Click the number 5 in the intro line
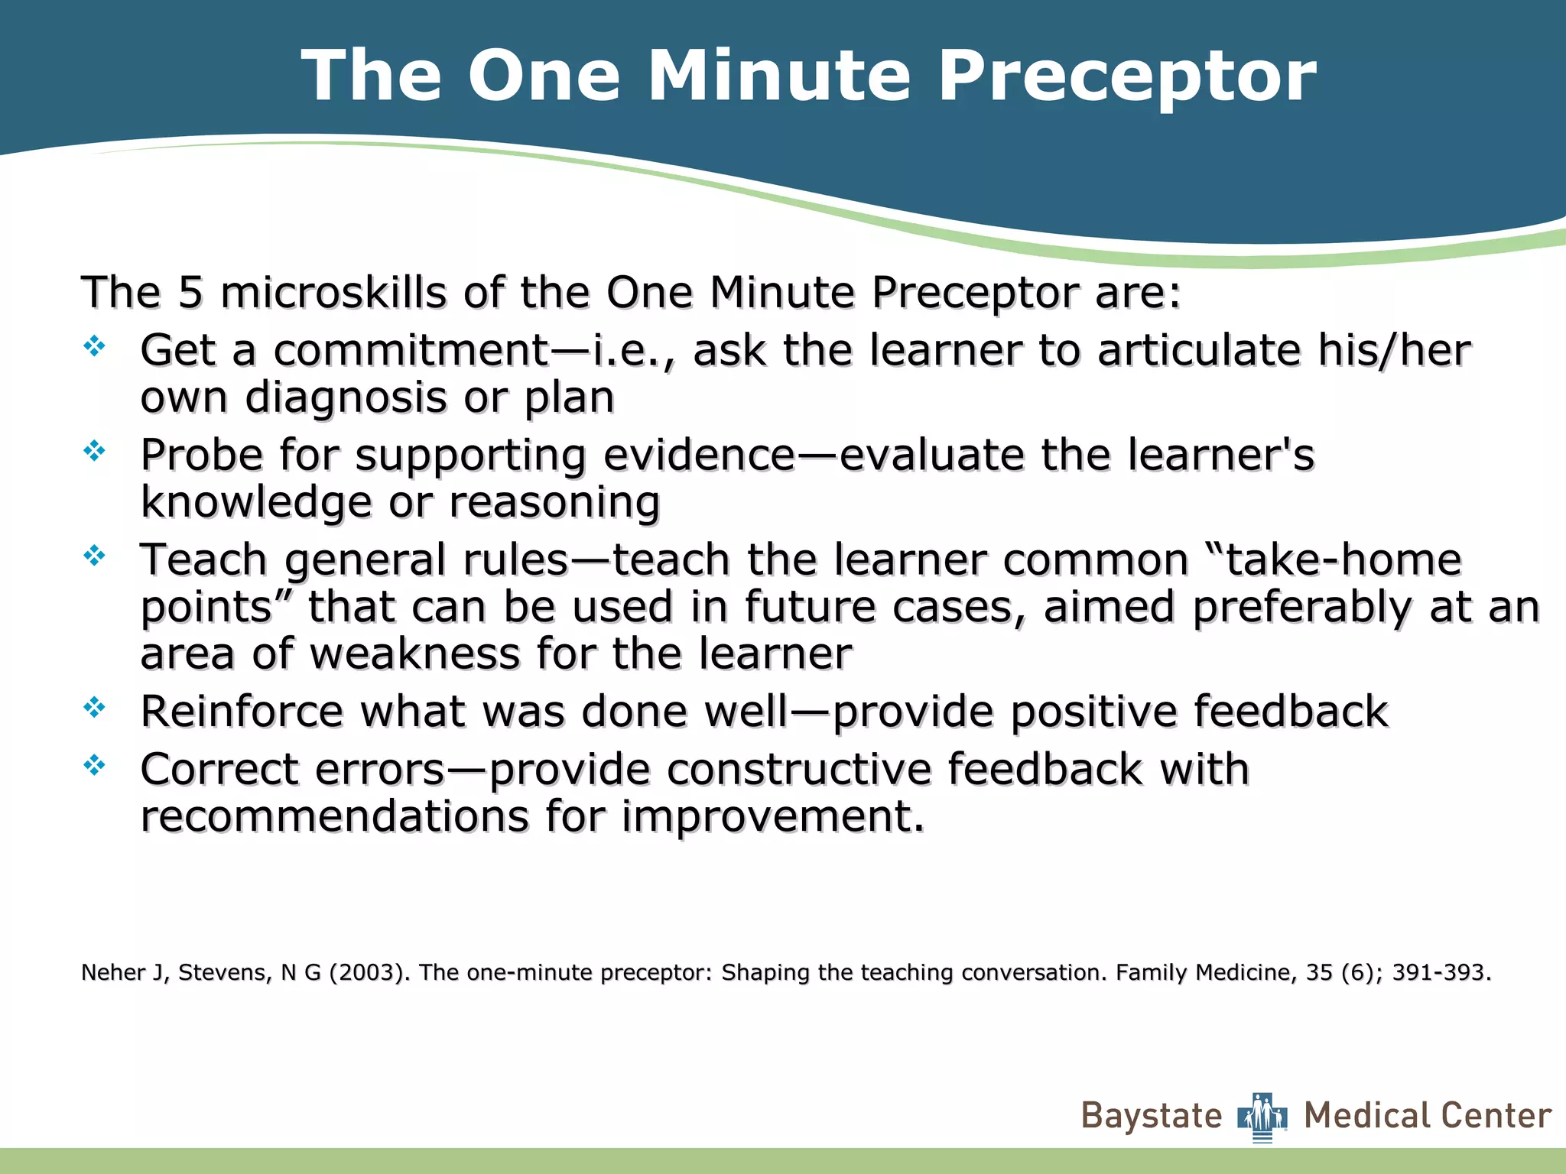[190, 293]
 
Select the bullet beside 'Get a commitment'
[94, 347]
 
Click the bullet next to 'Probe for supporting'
[94, 451]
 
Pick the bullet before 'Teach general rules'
[94, 556]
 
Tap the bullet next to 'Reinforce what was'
[94, 708]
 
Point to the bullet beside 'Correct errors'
[94, 764]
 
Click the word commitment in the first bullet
[411, 351]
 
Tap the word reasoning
[554, 503]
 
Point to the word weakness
[413, 655]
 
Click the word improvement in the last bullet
[772, 817]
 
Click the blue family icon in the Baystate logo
[1262, 1117]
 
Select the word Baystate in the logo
[1152, 1117]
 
